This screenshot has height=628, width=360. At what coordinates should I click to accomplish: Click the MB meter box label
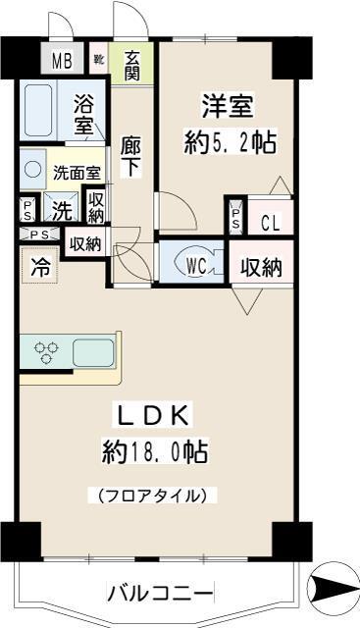tap(62, 59)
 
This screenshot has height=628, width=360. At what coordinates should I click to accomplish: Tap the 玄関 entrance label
tap(132, 66)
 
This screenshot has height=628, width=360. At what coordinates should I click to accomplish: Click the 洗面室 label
tap(77, 172)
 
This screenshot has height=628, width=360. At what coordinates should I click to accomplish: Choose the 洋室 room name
tap(230, 105)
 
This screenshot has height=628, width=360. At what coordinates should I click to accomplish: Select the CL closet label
tap(270, 222)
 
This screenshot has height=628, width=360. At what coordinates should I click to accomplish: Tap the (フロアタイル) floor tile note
tap(151, 495)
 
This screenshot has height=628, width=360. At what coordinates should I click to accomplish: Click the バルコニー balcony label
tap(159, 595)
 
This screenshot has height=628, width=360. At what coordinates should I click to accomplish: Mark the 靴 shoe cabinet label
tap(99, 59)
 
